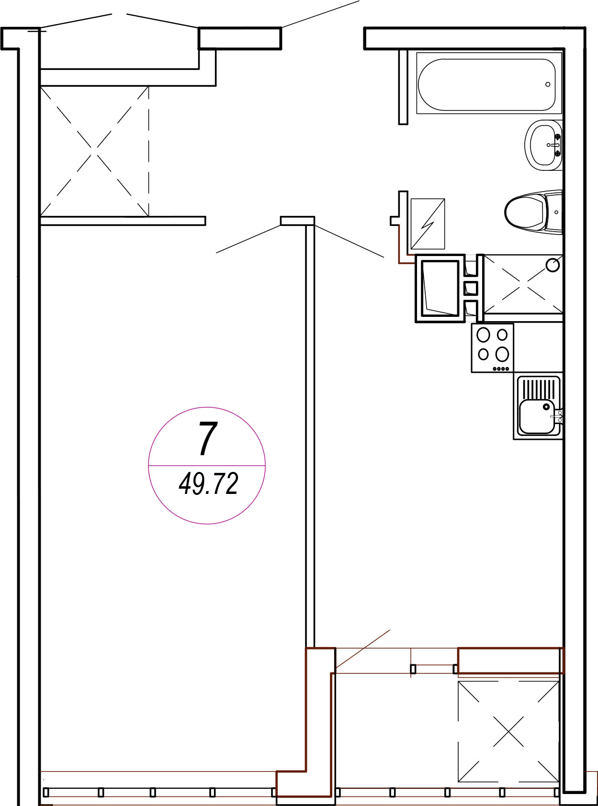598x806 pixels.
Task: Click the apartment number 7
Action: click(208, 438)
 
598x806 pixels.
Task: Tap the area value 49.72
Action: click(208, 484)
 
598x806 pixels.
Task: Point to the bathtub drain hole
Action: click(548, 84)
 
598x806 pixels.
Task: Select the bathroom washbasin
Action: click(543, 145)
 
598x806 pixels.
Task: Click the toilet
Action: click(533, 212)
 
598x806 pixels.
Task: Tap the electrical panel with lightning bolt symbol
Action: click(428, 224)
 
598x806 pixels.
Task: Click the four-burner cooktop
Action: click(493, 348)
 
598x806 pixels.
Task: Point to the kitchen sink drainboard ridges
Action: click(539, 389)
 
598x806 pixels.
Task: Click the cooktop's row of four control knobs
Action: click(501, 369)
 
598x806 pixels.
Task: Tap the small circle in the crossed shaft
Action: click(553, 265)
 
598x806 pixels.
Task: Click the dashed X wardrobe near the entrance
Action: click(94, 151)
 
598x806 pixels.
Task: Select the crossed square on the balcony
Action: click(508, 731)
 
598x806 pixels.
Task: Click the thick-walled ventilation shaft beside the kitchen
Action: click(440, 288)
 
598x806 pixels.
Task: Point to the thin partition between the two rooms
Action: click(310, 437)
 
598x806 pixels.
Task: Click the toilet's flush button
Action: click(556, 212)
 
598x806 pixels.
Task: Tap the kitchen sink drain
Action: click(546, 407)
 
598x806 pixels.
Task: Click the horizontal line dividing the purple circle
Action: click(207, 466)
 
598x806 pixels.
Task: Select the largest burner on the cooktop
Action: click(502, 354)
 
